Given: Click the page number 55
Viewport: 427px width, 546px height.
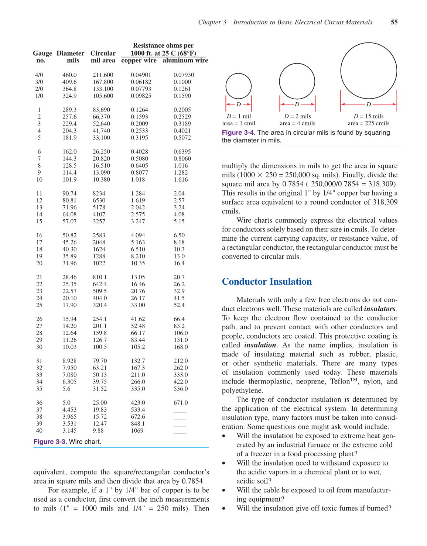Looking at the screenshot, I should click(x=394, y=22).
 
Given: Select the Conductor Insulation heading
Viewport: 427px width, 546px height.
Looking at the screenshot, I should click(x=267, y=282).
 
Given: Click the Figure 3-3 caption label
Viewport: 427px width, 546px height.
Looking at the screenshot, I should click(x=50, y=442).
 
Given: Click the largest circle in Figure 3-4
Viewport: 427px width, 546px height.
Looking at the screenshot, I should click(x=369, y=71).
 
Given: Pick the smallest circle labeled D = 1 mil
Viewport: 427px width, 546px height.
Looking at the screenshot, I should click(x=239, y=86).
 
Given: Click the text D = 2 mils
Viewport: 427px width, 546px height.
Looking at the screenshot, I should click(x=297, y=116).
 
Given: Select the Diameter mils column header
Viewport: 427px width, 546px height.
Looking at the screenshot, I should click(x=70, y=56).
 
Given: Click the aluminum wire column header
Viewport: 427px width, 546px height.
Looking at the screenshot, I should click(x=185, y=60).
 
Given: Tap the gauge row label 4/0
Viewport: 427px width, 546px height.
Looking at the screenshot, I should click(x=39, y=75).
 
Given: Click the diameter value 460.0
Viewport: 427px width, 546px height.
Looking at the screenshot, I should click(x=69, y=75).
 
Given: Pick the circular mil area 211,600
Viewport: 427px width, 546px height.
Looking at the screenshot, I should click(x=103, y=75).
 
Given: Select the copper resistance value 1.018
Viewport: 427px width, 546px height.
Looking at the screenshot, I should click(x=138, y=179).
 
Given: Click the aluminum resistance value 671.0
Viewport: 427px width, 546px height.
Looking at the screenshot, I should click(x=181, y=403).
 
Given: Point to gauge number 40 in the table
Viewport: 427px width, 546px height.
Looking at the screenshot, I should click(x=39, y=430).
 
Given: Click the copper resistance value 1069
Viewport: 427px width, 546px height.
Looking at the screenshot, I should click(x=137, y=430).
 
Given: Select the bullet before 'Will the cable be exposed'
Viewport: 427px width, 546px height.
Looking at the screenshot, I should click(x=224, y=491).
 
